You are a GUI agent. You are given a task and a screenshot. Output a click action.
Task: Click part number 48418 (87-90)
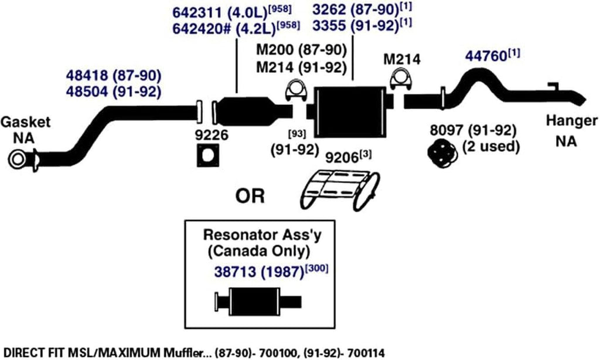(112, 76)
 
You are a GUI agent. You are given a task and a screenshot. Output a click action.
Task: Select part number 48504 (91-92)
(112, 91)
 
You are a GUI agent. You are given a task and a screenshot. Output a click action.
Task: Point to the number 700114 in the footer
(369, 351)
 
